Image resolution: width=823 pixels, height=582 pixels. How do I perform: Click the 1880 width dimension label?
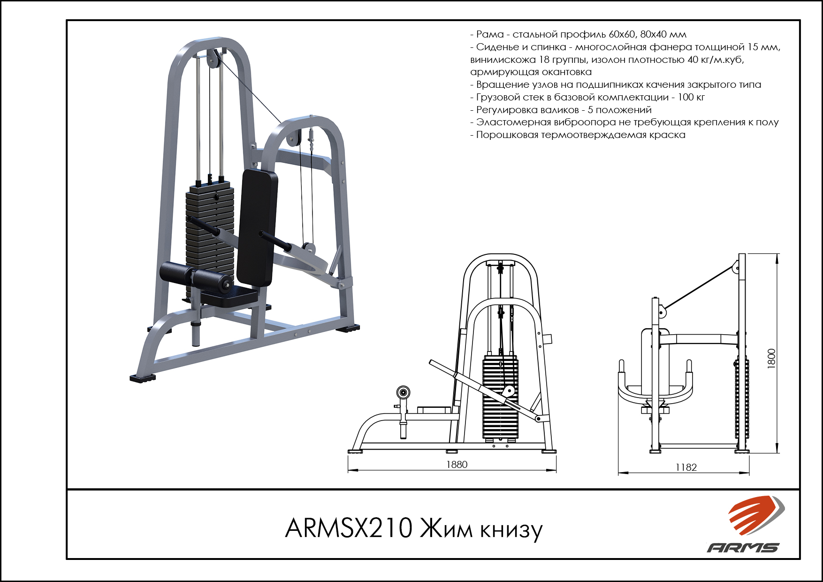[457, 464]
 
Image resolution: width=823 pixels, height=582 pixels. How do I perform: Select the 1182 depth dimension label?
[686, 467]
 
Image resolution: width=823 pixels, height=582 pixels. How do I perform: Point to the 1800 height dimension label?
[771, 359]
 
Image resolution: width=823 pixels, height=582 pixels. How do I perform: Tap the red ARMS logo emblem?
[756, 514]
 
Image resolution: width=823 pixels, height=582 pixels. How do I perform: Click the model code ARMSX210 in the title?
[349, 528]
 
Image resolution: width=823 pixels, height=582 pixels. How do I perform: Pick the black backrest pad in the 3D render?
[257, 227]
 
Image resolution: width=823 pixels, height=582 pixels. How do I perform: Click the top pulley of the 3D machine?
[213, 59]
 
